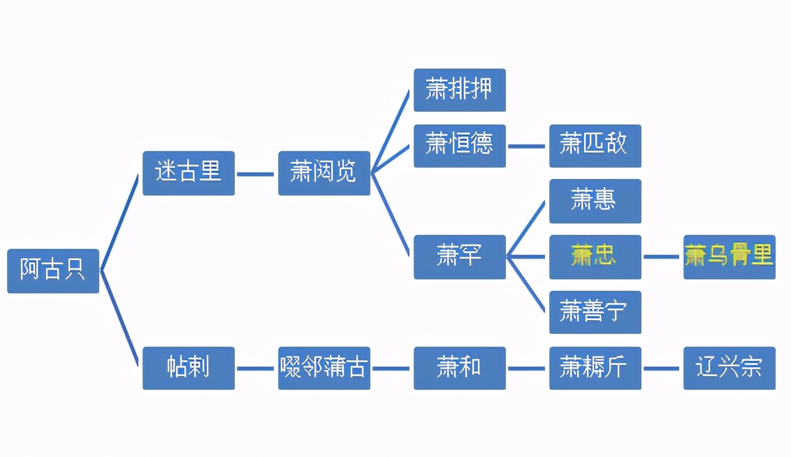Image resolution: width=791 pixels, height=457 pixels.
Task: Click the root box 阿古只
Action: [x=53, y=270]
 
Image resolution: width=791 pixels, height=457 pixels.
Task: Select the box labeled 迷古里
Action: [x=188, y=173]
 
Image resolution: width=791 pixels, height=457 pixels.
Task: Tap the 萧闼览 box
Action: [x=324, y=173]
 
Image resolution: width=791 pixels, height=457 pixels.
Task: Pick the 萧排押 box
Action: [x=459, y=90]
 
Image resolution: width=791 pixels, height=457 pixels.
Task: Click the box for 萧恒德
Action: [x=459, y=145]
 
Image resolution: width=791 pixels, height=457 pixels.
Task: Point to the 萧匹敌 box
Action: [x=595, y=145]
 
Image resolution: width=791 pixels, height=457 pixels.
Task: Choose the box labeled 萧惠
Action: [x=595, y=201]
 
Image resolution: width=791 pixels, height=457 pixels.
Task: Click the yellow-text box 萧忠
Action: [x=595, y=256]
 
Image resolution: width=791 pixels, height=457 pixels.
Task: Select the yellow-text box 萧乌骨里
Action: [x=729, y=256]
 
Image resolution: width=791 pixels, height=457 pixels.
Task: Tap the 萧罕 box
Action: [x=459, y=256]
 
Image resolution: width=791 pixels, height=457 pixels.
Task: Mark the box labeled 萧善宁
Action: [x=595, y=312]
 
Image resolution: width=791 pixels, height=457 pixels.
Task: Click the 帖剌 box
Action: [x=188, y=368]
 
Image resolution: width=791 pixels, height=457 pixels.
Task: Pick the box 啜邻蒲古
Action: [x=324, y=368]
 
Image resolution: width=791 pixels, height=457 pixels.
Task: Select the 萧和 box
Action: [x=459, y=368]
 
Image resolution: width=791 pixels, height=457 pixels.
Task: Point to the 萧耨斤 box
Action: [x=595, y=368]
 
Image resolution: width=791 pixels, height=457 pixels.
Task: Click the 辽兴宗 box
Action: [x=729, y=368]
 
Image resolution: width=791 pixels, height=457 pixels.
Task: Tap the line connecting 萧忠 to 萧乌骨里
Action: [x=662, y=256]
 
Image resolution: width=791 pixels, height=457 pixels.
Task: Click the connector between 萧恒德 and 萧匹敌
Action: [x=527, y=146]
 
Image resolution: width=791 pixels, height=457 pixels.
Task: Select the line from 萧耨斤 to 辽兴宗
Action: [x=662, y=368]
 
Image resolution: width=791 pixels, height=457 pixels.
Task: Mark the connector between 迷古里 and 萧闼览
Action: [x=256, y=173]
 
